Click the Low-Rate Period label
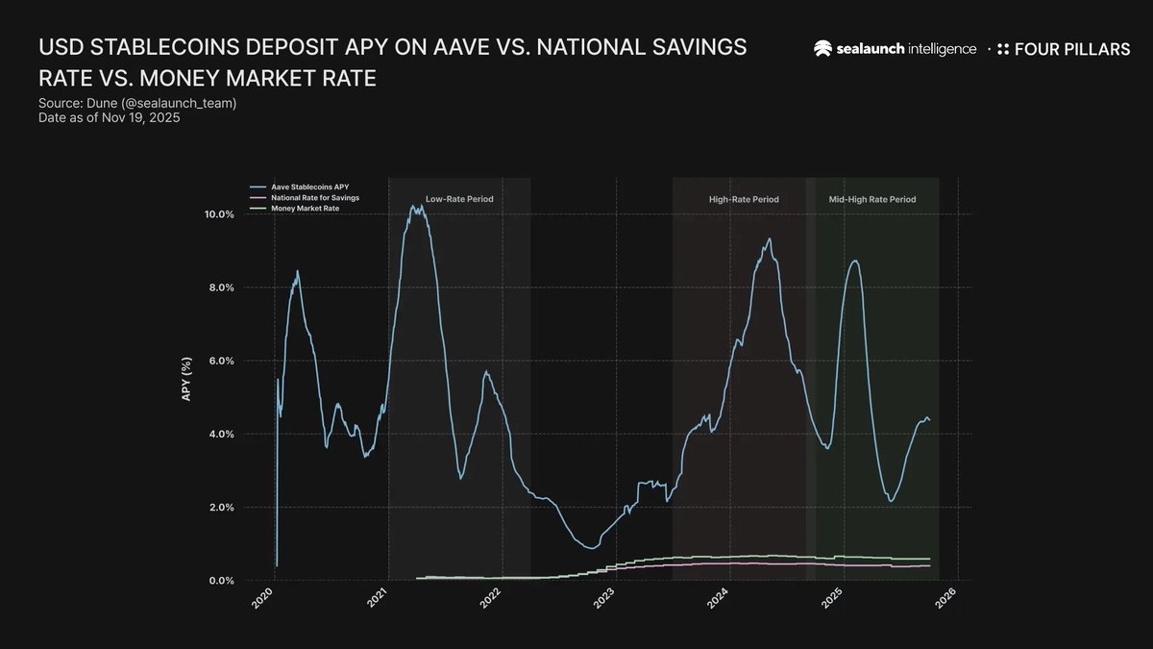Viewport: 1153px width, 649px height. pyautogui.click(x=459, y=199)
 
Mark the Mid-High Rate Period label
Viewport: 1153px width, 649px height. pyautogui.click(x=871, y=199)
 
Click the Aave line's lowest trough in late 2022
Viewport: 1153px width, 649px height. pyautogui.click(x=591, y=548)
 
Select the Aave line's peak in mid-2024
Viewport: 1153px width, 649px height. pyautogui.click(x=769, y=239)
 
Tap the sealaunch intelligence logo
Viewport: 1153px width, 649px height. pyautogui.click(x=895, y=49)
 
